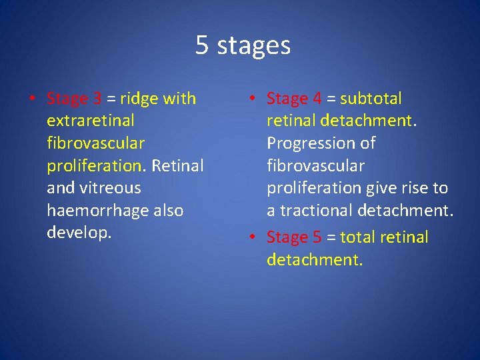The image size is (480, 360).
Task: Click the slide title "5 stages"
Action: coord(243,45)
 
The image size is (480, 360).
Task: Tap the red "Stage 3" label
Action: coord(74,99)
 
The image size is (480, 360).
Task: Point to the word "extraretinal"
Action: coord(91,121)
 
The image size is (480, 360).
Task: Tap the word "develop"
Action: coord(77,233)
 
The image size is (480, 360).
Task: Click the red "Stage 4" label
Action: coord(294,99)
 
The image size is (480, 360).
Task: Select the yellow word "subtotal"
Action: coord(371,99)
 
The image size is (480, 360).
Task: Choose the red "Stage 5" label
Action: coord(294,237)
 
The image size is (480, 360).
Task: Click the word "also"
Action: coord(168,211)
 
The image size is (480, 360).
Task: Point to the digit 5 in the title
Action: coord(202,45)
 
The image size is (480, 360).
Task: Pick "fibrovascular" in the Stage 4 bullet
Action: coord(315,165)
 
